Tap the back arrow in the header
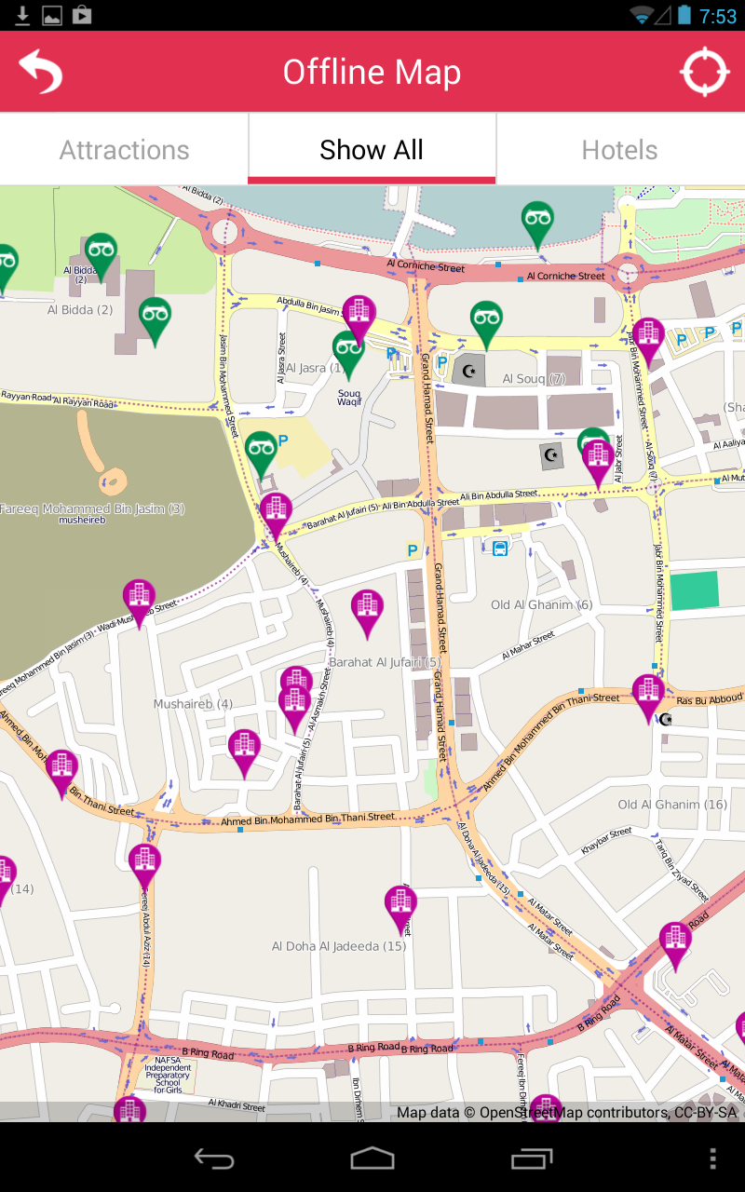coord(40,72)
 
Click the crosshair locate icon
coord(704,72)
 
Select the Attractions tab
coord(124,150)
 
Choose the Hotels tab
coord(619,150)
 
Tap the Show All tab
coord(372,150)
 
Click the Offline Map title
coord(372,73)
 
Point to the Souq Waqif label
coord(349,398)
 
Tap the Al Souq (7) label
coord(534,379)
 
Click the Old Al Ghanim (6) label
coord(541,605)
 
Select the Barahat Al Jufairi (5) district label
coord(391,662)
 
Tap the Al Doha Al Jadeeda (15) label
coord(339,946)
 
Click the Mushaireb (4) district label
coord(193,704)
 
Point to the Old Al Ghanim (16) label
coord(672,805)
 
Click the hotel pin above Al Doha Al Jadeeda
coord(400,905)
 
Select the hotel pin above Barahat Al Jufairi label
coord(367,609)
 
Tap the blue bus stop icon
coord(500,548)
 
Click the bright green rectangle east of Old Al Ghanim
coord(695,590)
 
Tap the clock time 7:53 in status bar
coord(718,16)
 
